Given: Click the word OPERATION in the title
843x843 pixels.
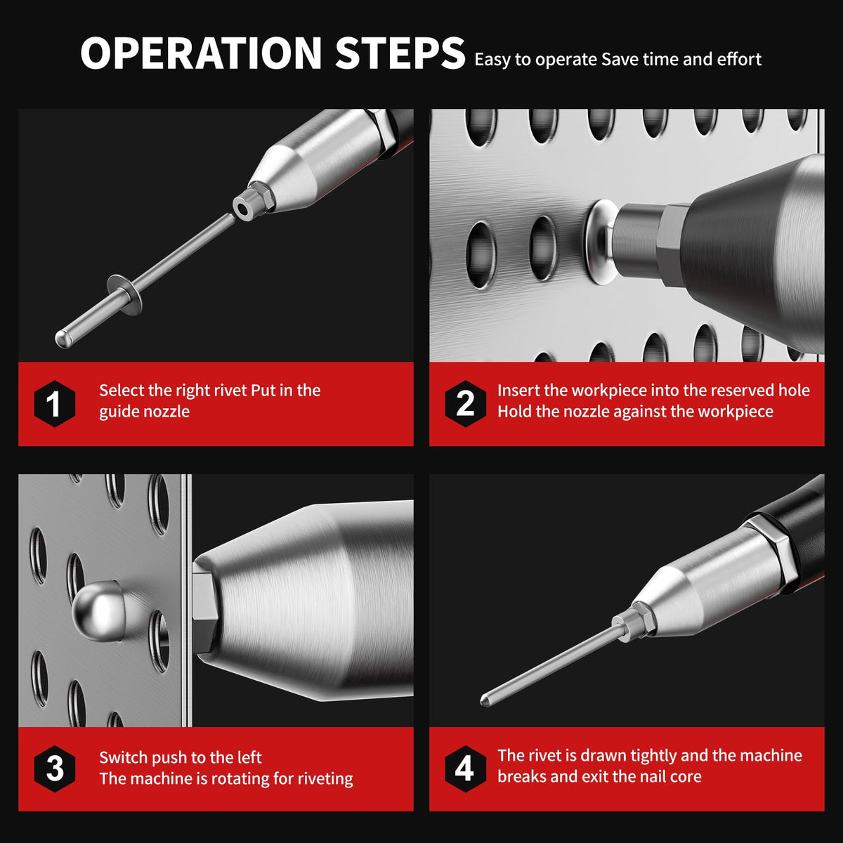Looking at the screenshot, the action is tap(201, 53).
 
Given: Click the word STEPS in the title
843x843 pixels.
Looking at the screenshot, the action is tap(400, 53).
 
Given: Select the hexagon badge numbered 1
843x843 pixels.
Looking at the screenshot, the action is tap(54, 403).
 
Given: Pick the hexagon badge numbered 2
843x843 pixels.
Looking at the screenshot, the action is tap(466, 403).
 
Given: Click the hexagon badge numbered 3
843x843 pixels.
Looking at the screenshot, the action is tap(54, 769).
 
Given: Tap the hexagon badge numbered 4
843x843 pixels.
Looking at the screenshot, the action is tap(466, 769).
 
